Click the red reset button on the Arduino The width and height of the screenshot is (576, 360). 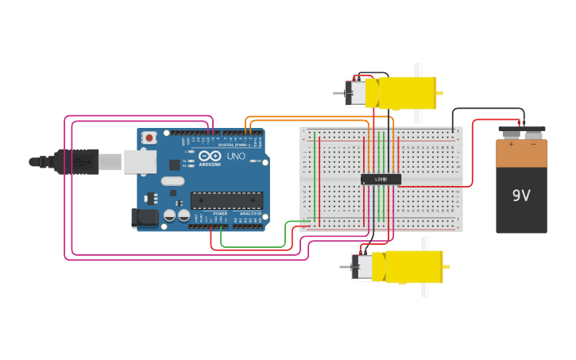[x=149, y=137]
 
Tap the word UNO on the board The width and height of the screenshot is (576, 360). [x=236, y=157]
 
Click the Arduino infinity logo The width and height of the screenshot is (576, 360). [x=209, y=156]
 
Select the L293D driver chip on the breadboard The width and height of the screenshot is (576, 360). [x=381, y=180]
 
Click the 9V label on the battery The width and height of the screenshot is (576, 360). [x=521, y=195]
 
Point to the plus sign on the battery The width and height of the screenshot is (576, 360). [x=511, y=145]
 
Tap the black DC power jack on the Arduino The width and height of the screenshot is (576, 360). [x=144, y=217]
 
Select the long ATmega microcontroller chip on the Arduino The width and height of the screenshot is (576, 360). [x=226, y=200]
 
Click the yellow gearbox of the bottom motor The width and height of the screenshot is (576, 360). [x=407, y=267]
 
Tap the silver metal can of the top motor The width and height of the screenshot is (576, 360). [x=355, y=93]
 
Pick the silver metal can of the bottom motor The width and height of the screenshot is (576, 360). [x=362, y=267]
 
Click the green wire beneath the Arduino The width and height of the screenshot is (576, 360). [x=254, y=247]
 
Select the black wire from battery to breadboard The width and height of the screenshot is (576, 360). [x=486, y=109]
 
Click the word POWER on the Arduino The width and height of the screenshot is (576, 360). [x=220, y=214]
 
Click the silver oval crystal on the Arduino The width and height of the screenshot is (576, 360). [x=172, y=180]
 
